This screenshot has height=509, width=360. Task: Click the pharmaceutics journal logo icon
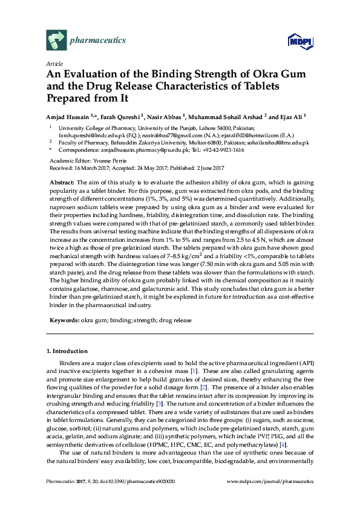55,41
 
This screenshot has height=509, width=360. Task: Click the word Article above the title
53,63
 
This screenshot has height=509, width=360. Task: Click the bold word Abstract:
63,182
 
